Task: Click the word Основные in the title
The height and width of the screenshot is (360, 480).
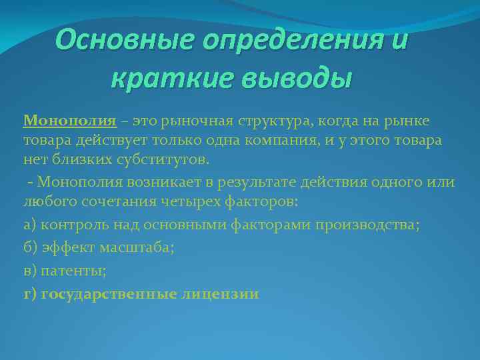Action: (x=117, y=40)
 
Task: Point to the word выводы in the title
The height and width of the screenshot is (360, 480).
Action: (x=289, y=80)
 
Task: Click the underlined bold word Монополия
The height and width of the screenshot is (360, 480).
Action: (x=70, y=121)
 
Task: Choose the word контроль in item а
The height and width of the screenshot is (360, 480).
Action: (x=68, y=225)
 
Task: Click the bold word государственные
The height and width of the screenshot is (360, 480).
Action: (x=109, y=294)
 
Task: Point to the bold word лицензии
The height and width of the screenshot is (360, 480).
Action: (x=219, y=294)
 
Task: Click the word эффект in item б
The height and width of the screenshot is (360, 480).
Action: (x=65, y=248)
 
